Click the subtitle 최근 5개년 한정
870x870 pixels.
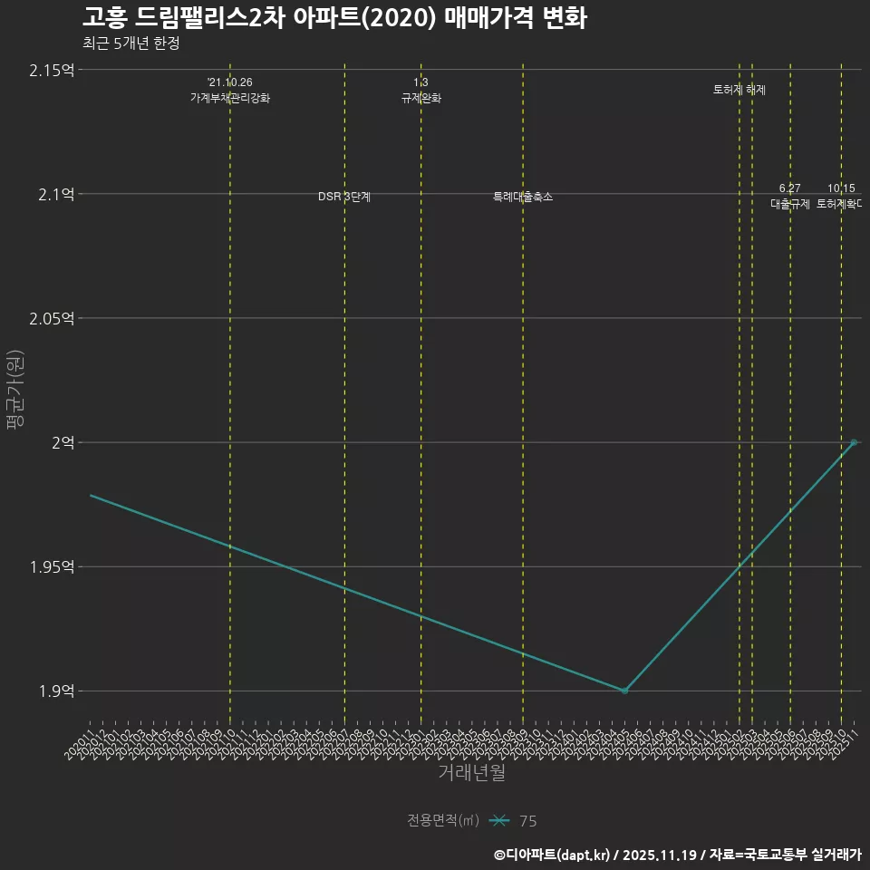[130, 43]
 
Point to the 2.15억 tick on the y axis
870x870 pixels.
[52, 70]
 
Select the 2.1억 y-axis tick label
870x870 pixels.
[55, 194]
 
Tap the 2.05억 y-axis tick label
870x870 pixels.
[52, 318]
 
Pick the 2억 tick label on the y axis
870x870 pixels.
[63, 442]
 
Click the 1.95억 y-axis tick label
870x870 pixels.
[52, 566]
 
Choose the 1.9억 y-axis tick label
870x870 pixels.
[55, 691]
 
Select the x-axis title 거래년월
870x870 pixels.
[471, 772]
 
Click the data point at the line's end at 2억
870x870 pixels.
[854, 442]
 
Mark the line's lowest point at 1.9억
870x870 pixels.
[624, 691]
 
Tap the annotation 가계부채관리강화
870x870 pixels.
[229, 98]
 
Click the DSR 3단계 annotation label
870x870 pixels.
[344, 197]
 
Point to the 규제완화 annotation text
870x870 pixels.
[421, 98]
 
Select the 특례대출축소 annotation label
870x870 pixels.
[523, 197]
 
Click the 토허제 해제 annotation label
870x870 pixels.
[739, 90]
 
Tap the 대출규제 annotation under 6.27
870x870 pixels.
[790, 204]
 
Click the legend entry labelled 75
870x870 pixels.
[527, 821]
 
